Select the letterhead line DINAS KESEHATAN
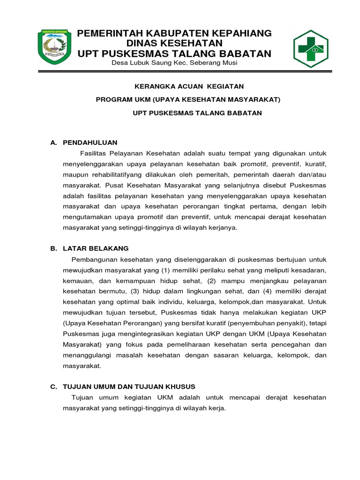click(x=174, y=44)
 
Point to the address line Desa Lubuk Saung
click(x=174, y=63)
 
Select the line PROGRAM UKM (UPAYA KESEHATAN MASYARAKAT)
click(x=187, y=99)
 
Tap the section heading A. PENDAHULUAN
click(x=84, y=142)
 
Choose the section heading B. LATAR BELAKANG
click(x=89, y=248)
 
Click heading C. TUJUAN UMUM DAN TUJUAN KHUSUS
click(x=123, y=386)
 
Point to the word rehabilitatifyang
click(x=113, y=175)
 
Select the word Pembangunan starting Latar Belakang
click(x=93, y=260)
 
